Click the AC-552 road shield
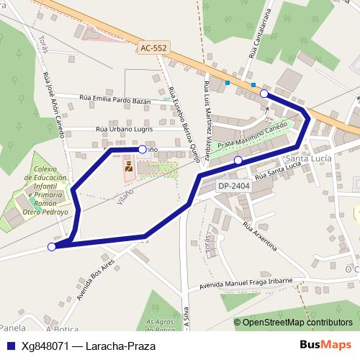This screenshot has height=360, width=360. (153, 48)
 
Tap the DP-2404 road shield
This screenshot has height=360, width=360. (233, 186)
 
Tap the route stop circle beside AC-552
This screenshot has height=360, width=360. (264, 94)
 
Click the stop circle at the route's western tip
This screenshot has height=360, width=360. (52, 247)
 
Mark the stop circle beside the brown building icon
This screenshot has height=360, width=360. (143, 149)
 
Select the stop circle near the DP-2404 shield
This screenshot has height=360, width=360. (238, 160)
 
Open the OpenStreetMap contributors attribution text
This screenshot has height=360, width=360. (297, 323)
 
